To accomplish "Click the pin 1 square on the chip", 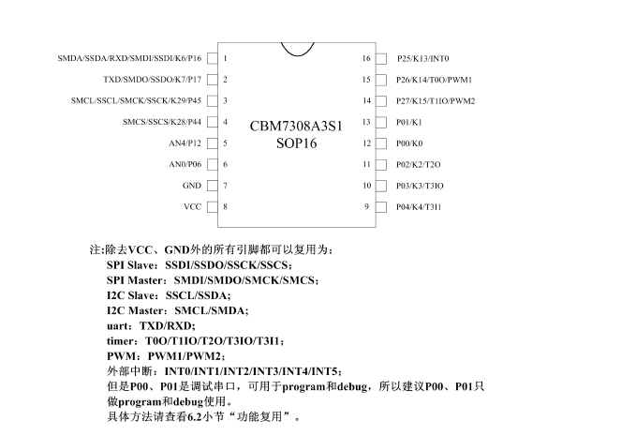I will pyautogui.click(x=211, y=58).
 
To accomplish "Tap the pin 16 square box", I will pyautogui.click(x=381, y=58).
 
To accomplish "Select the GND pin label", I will pyautogui.click(x=192, y=186).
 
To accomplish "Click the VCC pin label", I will pyautogui.click(x=192, y=206).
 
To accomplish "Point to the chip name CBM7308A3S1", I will pyautogui.click(x=296, y=126).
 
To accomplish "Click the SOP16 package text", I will pyautogui.click(x=296, y=143).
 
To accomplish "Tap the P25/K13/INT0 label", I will pyautogui.click(x=423, y=58).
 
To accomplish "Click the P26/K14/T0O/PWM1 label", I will pyautogui.click(x=434, y=80).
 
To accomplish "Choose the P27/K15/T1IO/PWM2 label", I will pyautogui.click(x=436, y=100).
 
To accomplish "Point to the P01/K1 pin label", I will pyautogui.click(x=409, y=122).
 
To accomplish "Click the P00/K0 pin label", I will pyautogui.click(x=409, y=143).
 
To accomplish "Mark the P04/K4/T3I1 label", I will pyautogui.click(x=419, y=206).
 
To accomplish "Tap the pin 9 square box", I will pyautogui.click(x=381, y=206).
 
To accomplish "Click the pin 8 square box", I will pyautogui.click(x=211, y=206).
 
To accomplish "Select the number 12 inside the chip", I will pyautogui.click(x=367, y=143).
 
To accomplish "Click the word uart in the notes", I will pyautogui.click(x=119, y=325).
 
